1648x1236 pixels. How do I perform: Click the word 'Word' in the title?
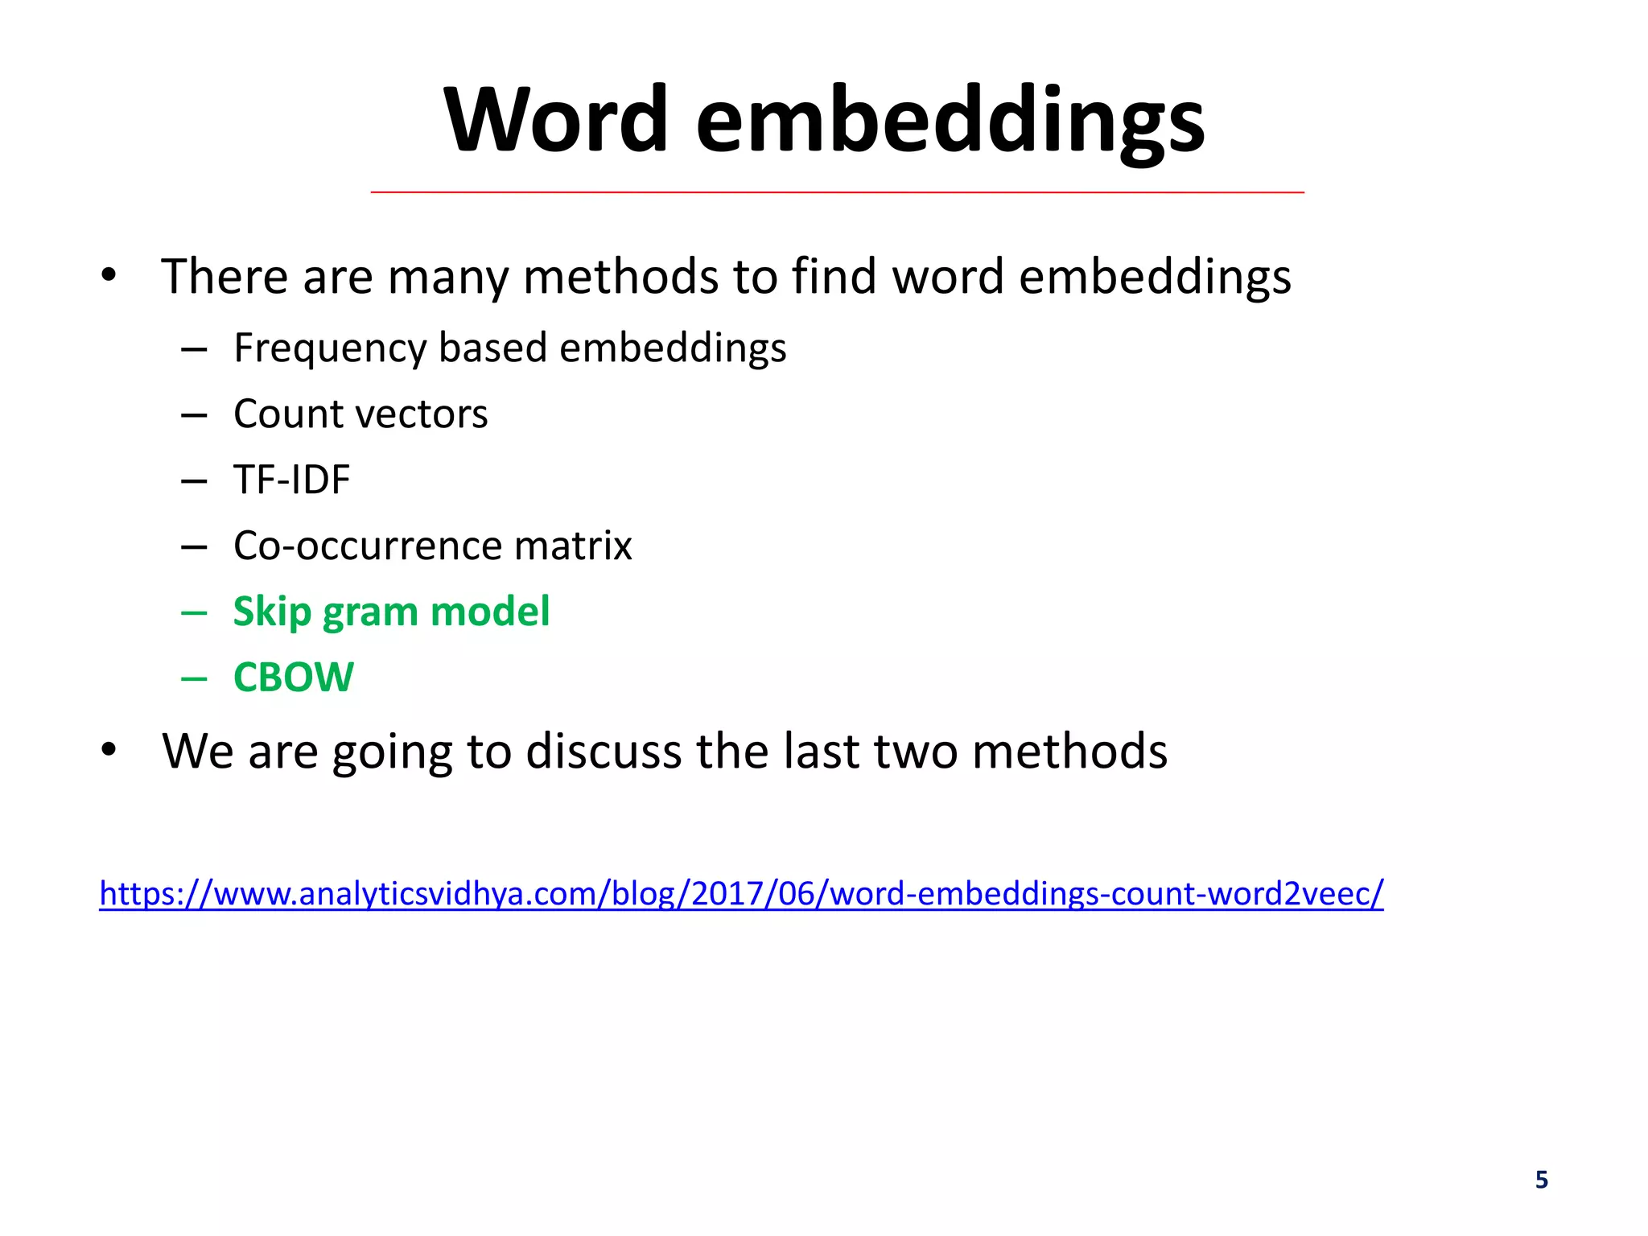coord(556,121)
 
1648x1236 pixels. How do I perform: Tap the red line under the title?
coord(837,192)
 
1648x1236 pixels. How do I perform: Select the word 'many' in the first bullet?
coord(447,278)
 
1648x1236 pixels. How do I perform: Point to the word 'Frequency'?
coord(329,349)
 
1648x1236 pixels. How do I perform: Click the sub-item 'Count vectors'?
coord(360,414)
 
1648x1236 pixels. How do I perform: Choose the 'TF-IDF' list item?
coord(292,480)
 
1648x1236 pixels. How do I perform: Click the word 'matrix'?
coord(573,546)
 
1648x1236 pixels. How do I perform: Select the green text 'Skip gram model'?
coord(391,612)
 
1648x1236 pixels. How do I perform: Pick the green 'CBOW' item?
coord(293,678)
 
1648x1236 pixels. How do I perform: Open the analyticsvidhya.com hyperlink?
coord(741,894)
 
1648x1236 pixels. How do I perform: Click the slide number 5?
coord(1541,1180)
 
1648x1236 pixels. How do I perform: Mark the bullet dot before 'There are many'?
coord(109,276)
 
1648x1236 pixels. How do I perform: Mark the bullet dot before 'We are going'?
coord(109,750)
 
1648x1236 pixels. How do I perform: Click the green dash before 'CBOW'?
coord(194,678)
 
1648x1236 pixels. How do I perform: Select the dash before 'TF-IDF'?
coord(194,481)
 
